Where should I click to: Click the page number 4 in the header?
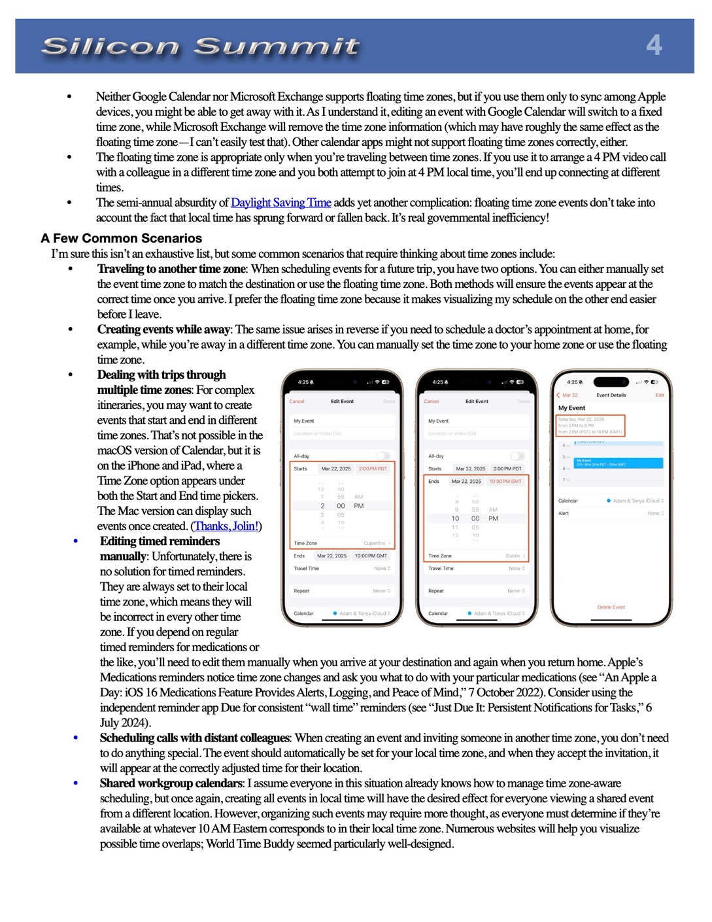coord(654,45)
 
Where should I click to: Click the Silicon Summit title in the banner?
coord(200,46)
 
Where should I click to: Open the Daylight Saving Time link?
coord(281,203)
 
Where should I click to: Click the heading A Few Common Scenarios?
coord(121,238)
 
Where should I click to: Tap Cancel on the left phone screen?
coord(297,401)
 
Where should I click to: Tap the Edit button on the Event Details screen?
coord(660,395)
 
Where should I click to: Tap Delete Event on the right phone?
coord(611,607)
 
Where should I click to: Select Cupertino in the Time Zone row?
coord(376,543)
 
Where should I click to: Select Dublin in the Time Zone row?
coord(514,556)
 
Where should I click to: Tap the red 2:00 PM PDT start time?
coord(373,469)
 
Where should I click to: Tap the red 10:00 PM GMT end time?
coord(505,481)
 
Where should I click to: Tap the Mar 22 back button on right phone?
coord(568,395)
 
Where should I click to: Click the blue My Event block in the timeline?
coord(618,463)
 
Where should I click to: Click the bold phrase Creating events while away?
coord(163,329)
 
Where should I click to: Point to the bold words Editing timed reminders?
coord(160,541)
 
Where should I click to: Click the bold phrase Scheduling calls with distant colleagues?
coord(194,738)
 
